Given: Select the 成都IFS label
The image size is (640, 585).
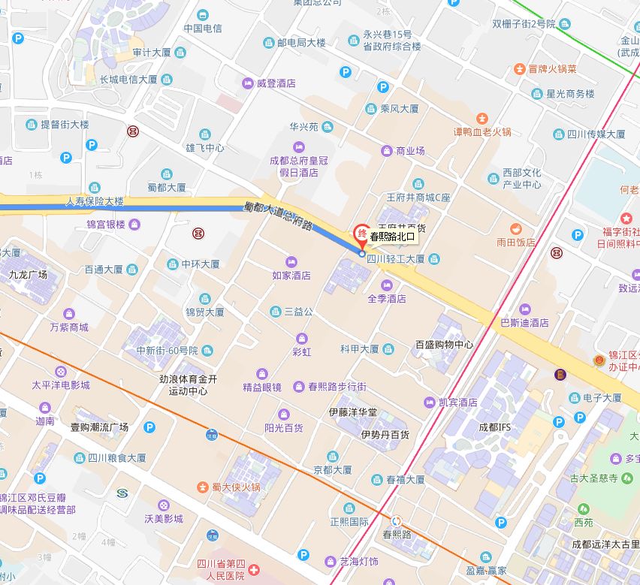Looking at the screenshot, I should click(494, 427).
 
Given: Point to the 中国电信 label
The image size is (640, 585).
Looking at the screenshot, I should click(203, 29).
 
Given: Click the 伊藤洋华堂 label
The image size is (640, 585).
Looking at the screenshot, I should click(353, 413).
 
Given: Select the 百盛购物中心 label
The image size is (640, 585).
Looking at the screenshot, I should click(445, 345).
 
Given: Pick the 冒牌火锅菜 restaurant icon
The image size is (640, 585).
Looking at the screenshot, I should click(519, 69).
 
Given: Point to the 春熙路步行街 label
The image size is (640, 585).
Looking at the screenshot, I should click(337, 387).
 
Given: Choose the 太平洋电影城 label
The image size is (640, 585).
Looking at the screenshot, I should click(60, 385).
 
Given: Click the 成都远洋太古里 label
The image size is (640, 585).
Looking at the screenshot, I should click(605, 544).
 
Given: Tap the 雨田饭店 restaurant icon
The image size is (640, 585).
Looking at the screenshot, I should click(515, 228).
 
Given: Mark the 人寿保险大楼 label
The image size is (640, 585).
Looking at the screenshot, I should click(95, 202).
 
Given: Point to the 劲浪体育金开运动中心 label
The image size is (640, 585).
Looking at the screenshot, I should click(188, 384).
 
